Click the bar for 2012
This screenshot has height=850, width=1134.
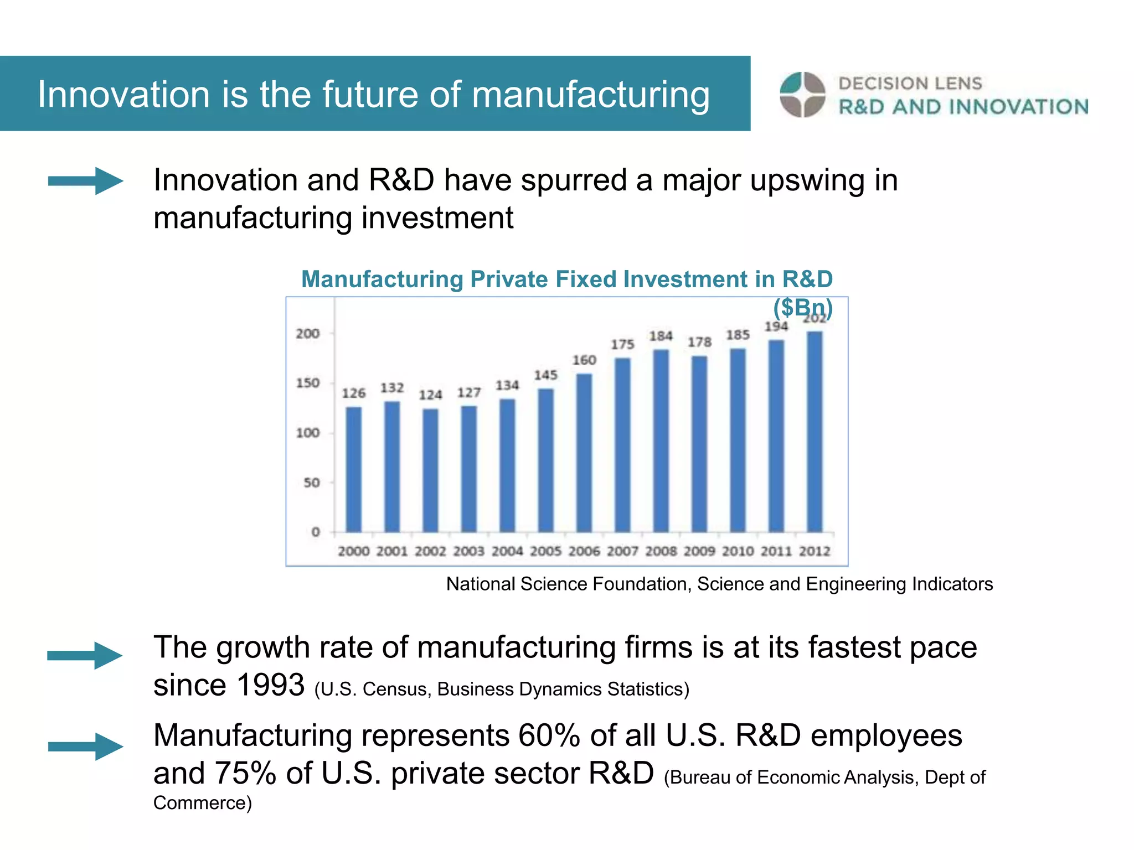(815, 432)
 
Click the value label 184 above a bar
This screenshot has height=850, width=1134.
(661, 336)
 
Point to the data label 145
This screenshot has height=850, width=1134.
(545, 375)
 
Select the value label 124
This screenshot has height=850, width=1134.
(430, 395)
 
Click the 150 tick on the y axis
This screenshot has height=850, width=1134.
(308, 383)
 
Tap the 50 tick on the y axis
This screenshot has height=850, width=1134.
(312, 483)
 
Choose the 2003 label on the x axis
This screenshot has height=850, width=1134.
(468, 551)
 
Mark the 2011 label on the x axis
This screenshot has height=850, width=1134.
(776, 551)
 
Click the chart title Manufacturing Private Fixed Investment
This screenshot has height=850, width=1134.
(566, 279)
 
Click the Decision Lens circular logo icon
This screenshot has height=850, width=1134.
(802, 95)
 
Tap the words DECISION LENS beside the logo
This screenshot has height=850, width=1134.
(910, 84)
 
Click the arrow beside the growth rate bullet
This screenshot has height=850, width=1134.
(85, 656)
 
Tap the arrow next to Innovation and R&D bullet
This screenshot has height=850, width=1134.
(85, 181)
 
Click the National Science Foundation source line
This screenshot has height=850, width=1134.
(719, 584)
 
